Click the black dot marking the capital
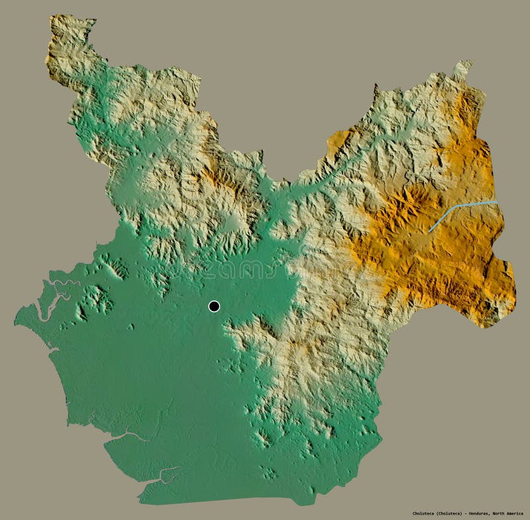tap(213, 306)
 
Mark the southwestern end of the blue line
tap(431, 230)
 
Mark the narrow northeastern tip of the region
tap(464, 64)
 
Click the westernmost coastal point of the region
tap(16, 323)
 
